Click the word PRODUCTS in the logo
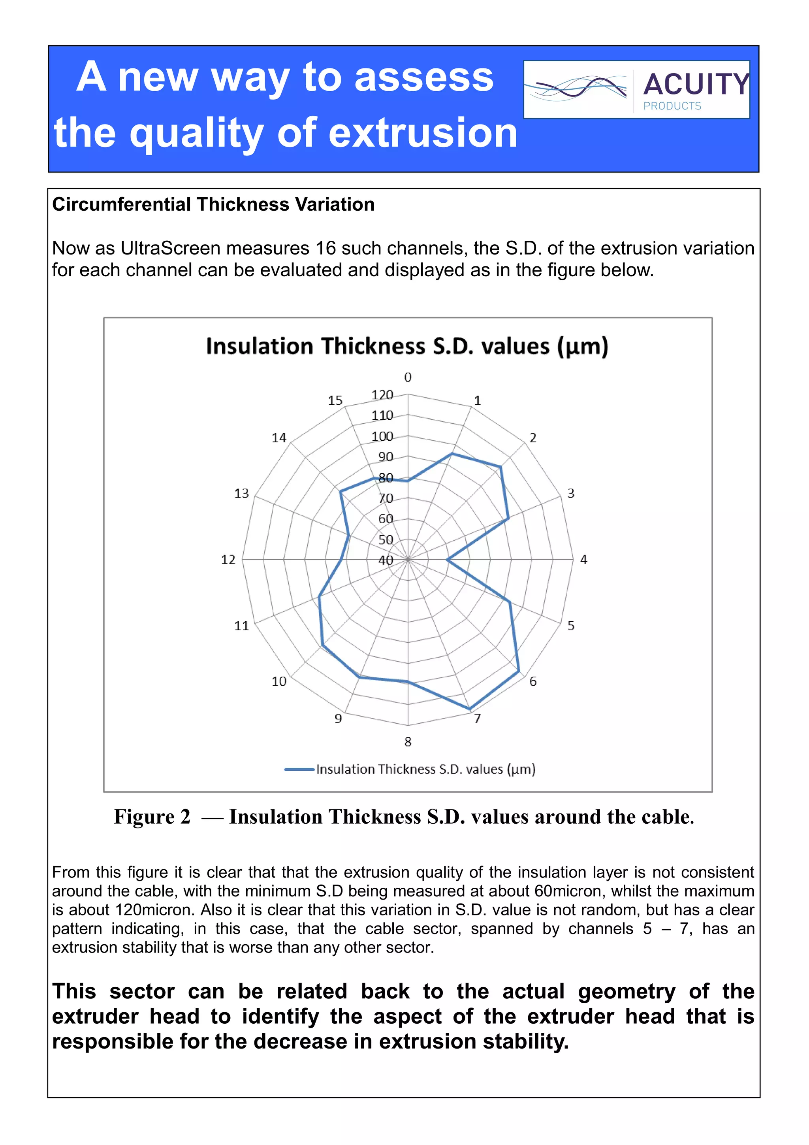point(672,106)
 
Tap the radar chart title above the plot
point(407,346)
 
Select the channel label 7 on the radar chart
point(478,719)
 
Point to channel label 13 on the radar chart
point(241,494)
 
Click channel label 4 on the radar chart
point(583,560)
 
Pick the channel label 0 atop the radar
point(408,377)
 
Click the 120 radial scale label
point(382,395)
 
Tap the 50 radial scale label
point(385,539)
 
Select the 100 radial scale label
point(382,436)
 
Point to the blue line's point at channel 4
point(447,560)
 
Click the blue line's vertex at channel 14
point(341,492)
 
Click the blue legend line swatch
point(299,770)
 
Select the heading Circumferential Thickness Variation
point(213,204)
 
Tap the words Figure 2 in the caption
point(152,817)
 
